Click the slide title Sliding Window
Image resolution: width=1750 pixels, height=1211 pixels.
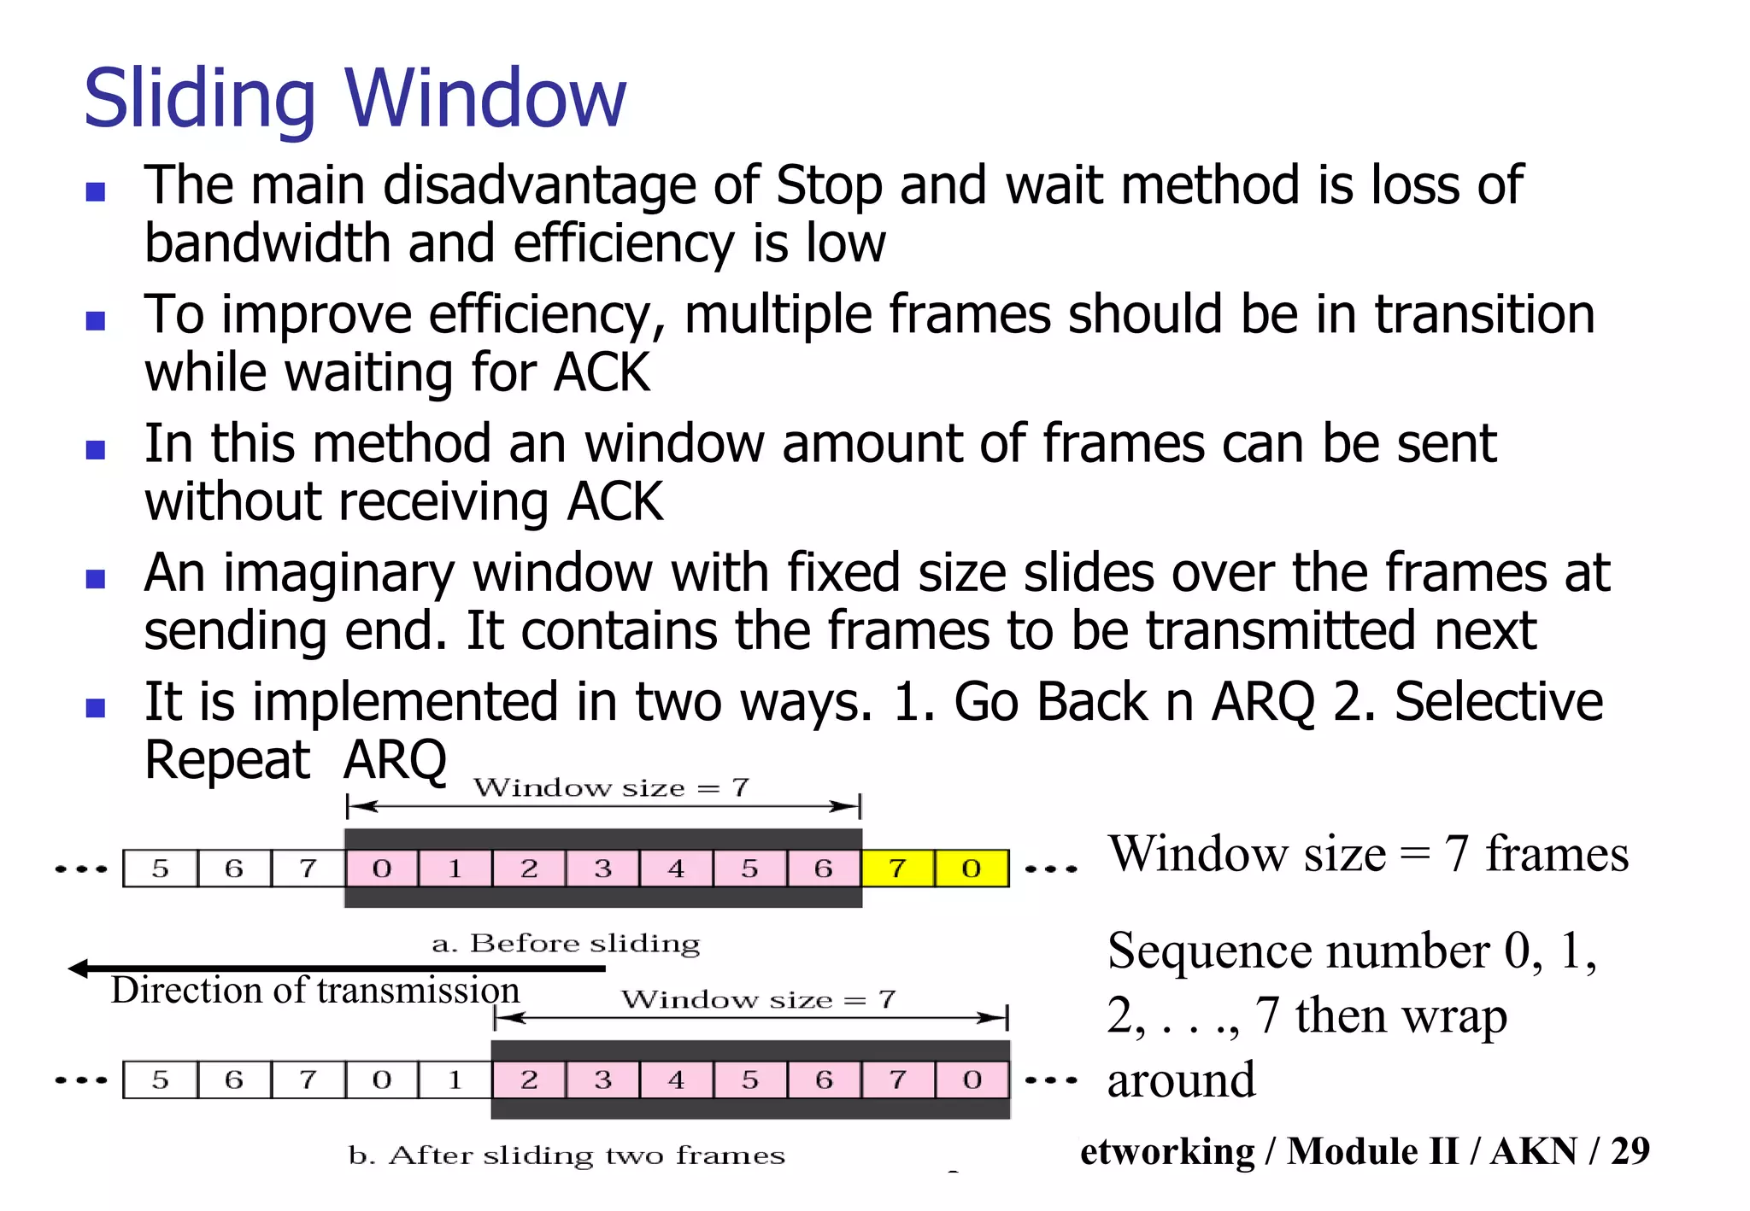click(x=355, y=98)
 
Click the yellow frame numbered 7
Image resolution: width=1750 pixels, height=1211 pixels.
click(x=898, y=869)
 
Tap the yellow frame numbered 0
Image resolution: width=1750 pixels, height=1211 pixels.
click(x=972, y=869)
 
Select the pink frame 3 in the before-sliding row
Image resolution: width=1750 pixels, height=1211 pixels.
click(x=602, y=869)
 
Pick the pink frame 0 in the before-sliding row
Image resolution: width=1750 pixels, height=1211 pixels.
click(x=382, y=869)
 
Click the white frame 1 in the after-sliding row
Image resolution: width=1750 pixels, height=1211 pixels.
click(x=455, y=1080)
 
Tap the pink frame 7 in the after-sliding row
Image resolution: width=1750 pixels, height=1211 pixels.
click(x=898, y=1080)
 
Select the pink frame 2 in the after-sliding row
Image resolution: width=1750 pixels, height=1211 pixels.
click(x=529, y=1080)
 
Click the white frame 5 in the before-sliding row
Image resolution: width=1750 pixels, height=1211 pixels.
click(x=160, y=869)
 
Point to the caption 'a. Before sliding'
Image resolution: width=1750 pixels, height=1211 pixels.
click(x=566, y=944)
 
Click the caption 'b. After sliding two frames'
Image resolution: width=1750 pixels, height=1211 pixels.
click(x=567, y=1155)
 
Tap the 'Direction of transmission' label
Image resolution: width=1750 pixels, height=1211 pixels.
click(x=314, y=991)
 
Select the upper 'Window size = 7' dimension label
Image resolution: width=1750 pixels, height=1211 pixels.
click(x=611, y=787)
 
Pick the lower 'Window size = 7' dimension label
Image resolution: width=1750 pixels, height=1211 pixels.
click(x=758, y=999)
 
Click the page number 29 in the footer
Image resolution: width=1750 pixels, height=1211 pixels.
click(x=1630, y=1151)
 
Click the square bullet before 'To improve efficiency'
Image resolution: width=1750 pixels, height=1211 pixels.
click(x=96, y=321)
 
